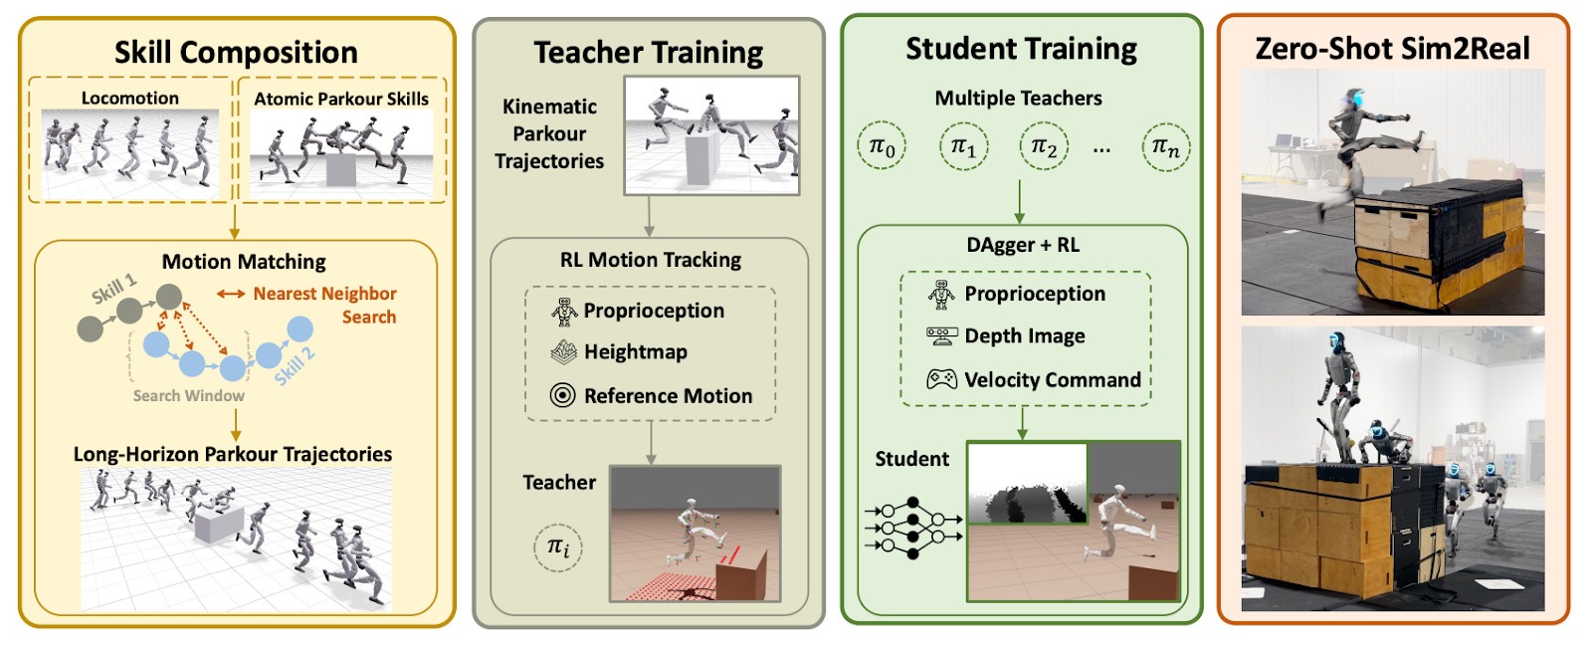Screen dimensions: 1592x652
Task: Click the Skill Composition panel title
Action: pos(236,52)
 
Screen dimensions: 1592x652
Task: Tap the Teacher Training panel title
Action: pos(648,52)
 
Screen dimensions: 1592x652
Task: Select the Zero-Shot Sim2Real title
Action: pos(1392,48)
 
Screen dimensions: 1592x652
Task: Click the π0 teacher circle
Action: pos(882,147)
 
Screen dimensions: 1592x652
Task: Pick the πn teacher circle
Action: pos(1165,147)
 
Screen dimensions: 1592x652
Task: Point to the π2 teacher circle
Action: pos(1044,147)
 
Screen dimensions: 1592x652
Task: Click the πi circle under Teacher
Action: pos(558,546)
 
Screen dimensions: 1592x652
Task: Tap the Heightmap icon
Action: pos(564,351)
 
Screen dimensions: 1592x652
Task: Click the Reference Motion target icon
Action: pos(563,395)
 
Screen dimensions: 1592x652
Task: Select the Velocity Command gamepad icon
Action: pos(941,379)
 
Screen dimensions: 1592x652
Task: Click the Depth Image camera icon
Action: pos(941,335)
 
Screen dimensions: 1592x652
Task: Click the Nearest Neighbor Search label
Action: pos(324,305)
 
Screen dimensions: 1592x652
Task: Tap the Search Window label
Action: pos(188,395)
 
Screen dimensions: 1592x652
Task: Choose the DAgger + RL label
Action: pos(1022,245)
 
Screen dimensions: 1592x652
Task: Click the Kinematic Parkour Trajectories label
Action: pos(549,133)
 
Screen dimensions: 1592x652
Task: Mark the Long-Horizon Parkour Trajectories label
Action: pos(233,454)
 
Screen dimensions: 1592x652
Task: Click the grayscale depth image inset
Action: pos(1027,484)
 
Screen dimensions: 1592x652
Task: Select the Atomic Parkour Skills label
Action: pos(341,99)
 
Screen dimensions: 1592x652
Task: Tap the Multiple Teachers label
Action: pos(1018,98)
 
